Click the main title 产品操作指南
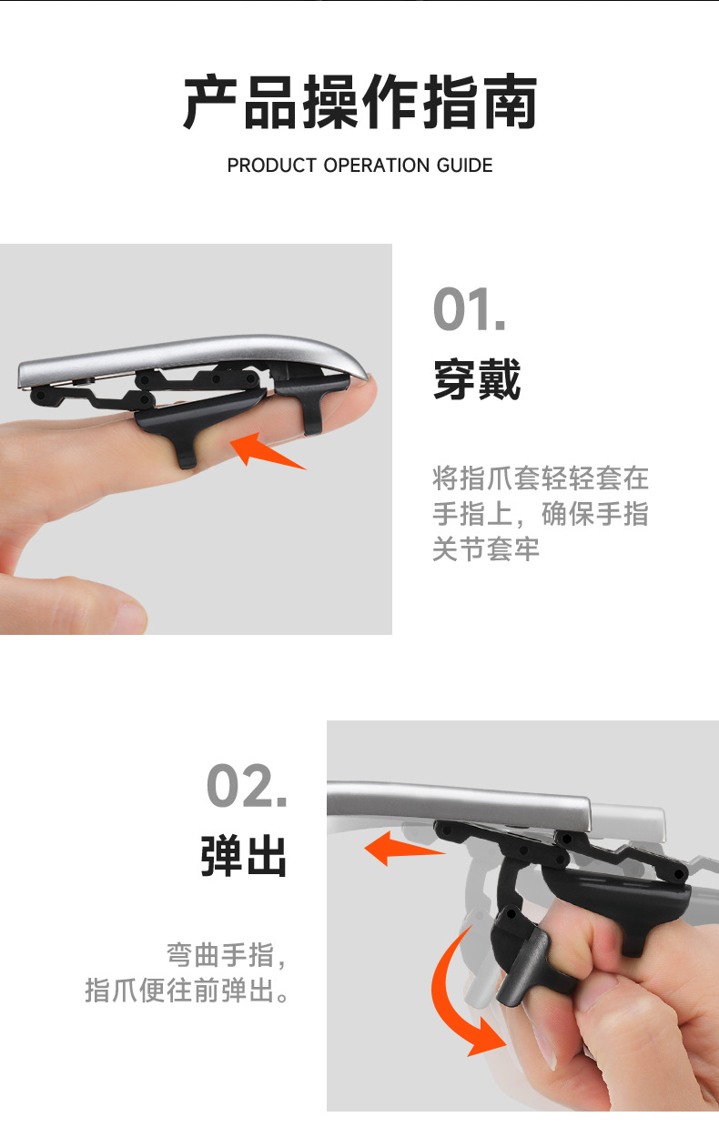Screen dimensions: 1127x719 pyautogui.click(x=359, y=104)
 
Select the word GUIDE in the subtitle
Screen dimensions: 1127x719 pyautogui.click(x=463, y=166)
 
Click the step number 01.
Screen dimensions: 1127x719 pyautogui.click(x=469, y=310)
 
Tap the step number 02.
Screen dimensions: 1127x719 pyautogui.click(x=247, y=786)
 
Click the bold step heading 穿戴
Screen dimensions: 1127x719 pyautogui.click(x=476, y=380)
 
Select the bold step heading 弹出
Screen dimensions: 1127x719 pyautogui.click(x=244, y=857)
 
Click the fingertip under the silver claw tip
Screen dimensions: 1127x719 pyautogui.click(x=359, y=400)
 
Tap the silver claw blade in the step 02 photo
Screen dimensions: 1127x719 pyautogui.click(x=455, y=798)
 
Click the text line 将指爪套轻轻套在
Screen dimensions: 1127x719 pyautogui.click(x=540, y=478)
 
